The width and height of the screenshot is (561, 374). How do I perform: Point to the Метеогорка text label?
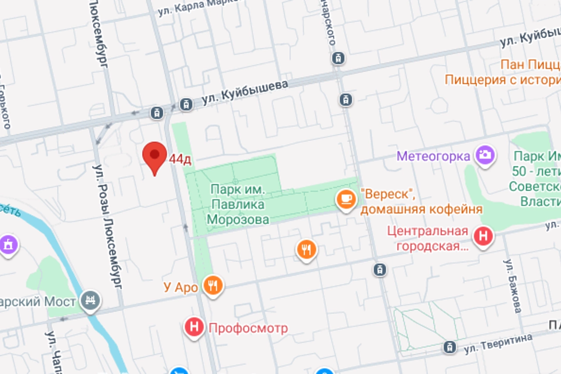pos(433,156)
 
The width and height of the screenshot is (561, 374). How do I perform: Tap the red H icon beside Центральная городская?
pos(483,237)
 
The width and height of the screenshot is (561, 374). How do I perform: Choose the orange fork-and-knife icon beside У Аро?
pos(213,286)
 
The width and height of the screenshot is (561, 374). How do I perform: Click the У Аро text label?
pos(181,288)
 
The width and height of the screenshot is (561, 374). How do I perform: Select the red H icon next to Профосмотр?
pos(195,327)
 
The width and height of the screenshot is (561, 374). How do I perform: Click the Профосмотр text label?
pos(248,328)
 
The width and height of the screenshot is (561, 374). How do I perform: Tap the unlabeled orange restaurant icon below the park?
pos(307,249)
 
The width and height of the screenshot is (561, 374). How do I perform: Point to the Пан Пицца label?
pos(530,65)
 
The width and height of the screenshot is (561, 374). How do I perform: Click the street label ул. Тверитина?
pos(498,343)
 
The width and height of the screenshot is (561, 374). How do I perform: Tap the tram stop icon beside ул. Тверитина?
pos(449,347)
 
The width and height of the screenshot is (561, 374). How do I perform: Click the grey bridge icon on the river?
pos(91,300)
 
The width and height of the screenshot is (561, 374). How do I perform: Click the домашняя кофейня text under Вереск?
pos(421,209)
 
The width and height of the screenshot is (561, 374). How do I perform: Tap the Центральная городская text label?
pos(432,238)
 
